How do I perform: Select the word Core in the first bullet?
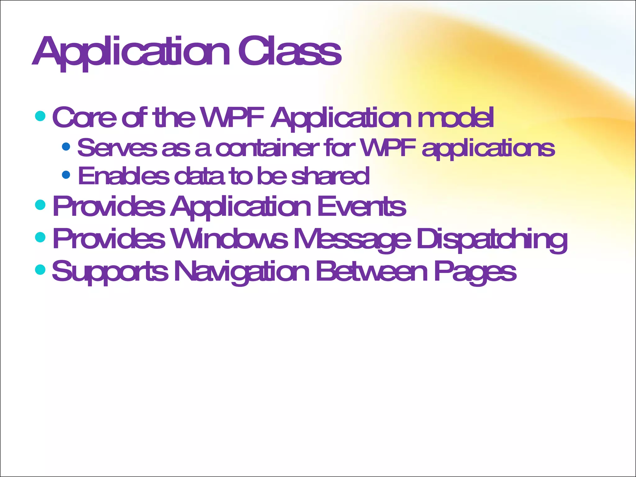pyautogui.click(x=84, y=117)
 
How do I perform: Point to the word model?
pyautogui.click(x=456, y=117)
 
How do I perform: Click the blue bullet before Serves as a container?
pyautogui.click(x=66, y=146)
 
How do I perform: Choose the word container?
pyautogui.click(x=267, y=148)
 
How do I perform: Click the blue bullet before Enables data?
pyautogui.click(x=66, y=175)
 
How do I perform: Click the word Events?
pyautogui.click(x=361, y=207)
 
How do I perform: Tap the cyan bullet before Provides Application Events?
pyautogui.click(x=40, y=205)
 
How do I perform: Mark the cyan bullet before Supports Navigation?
pyautogui.click(x=40, y=269)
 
